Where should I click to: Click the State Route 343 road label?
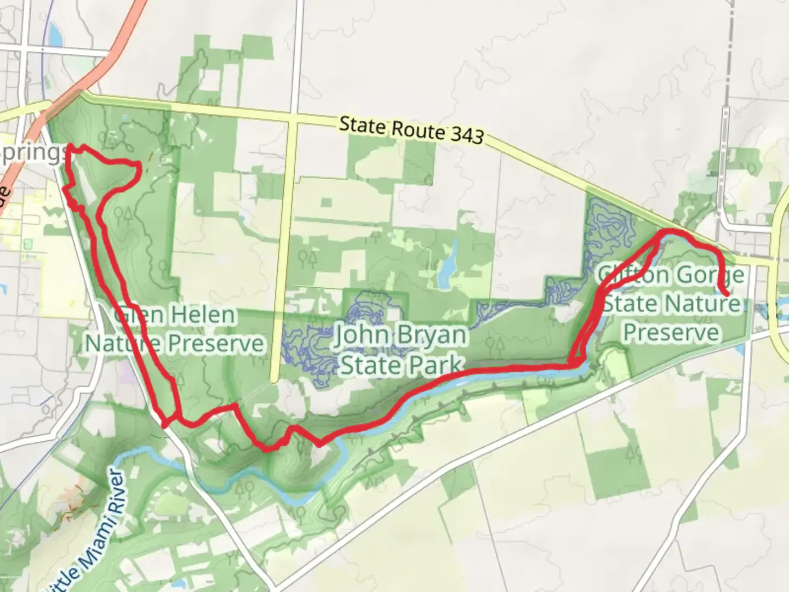point(411,129)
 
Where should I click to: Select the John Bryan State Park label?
point(401,349)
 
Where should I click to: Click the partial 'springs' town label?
point(33,154)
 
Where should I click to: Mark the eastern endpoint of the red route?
point(727,294)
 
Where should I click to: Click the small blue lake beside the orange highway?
point(54,36)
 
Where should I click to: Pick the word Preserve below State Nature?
point(671,333)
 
